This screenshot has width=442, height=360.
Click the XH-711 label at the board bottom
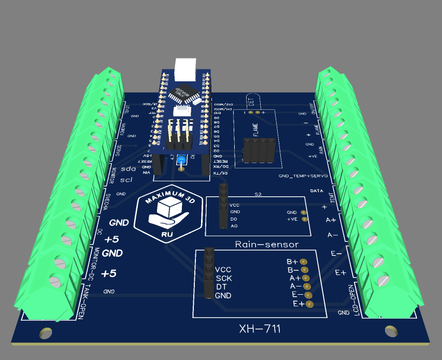260,328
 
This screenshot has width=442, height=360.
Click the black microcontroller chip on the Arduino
183,94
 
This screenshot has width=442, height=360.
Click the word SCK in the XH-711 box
223,278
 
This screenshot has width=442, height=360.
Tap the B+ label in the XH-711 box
292,262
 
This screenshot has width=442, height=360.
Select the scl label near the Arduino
126,180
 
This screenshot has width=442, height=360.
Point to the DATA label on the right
317,191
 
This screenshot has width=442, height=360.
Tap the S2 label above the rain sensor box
258,194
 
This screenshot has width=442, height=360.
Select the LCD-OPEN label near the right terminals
352,299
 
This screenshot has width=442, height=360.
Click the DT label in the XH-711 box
221,287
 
